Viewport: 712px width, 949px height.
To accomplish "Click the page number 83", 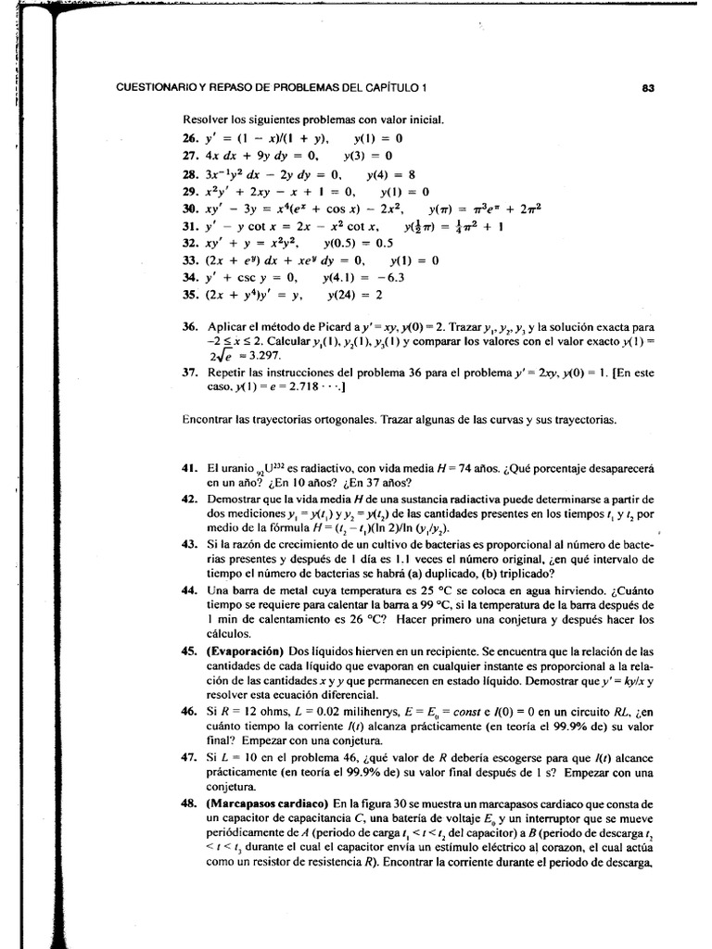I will (648, 89).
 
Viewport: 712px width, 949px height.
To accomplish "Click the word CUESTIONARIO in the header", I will (155, 89).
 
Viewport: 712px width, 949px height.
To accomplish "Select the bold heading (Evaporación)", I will (246, 651).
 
